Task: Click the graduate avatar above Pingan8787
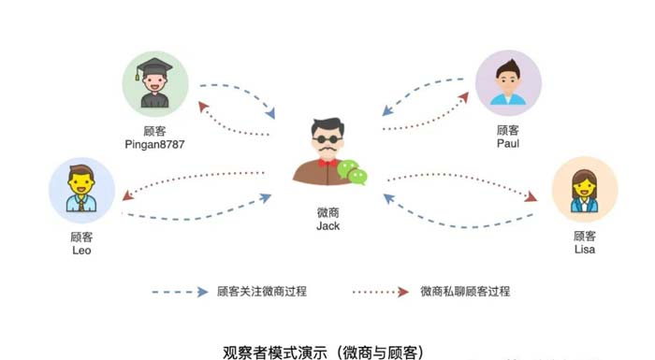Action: (155, 82)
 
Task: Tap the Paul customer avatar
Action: (508, 82)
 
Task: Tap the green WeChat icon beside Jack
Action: (352, 172)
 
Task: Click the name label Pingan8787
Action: (155, 145)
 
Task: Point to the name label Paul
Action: (508, 145)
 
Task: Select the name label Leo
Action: (81, 251)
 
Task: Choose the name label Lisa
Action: (585, 251)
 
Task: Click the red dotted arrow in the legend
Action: (384, 292)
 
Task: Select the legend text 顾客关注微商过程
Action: (261, 292)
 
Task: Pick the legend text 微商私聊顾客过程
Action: (465, 292)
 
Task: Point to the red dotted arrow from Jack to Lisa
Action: (463, 184)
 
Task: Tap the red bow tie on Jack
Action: (327, 162)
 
